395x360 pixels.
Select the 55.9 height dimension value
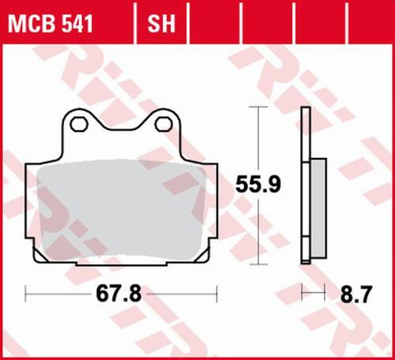[257, 186]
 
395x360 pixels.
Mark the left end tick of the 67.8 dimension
[26, 295]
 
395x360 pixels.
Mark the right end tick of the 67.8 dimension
[217, 295]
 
